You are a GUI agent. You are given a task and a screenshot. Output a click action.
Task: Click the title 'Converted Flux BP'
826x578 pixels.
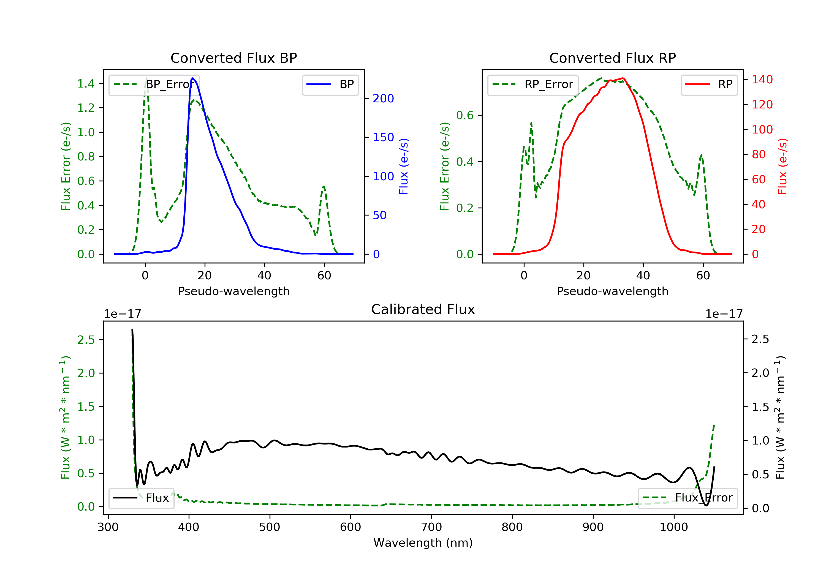coord(234,58)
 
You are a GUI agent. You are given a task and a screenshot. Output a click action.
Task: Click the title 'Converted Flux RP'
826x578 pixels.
coord(613,58)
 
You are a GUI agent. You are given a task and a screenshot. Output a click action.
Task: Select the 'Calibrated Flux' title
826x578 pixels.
coord(423,309)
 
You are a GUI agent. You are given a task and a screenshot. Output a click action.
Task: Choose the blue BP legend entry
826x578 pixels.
coord(330,84)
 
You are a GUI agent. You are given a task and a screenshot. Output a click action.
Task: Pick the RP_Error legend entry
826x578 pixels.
coord(533,84)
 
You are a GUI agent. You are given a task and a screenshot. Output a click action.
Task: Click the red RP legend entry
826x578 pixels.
coord(709,84)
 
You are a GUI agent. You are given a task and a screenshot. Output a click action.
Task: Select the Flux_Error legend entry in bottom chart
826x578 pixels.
coord(688,498)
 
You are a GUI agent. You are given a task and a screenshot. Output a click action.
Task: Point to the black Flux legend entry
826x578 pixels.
coord(141,498)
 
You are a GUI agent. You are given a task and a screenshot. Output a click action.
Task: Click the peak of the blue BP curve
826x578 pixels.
coord(193,78)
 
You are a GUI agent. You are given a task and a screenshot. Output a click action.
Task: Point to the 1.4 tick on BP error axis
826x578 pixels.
coord(86,84)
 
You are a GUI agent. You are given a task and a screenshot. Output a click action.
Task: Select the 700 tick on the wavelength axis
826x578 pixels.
coord(431,527)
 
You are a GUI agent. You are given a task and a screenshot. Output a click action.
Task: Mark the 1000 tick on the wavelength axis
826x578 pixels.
coord(674,527)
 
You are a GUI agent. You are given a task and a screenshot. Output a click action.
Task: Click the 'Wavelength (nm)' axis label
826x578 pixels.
coord(423,543)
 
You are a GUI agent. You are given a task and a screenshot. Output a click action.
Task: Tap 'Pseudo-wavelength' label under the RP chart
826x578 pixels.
coord(613,291)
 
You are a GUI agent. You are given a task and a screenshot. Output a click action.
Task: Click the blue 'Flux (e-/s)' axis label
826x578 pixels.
coord(404,167)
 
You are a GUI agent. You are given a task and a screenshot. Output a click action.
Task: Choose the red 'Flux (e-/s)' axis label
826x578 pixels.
coord(782,167)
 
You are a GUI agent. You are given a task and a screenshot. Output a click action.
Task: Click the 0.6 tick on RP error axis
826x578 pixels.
coord(465,115)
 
